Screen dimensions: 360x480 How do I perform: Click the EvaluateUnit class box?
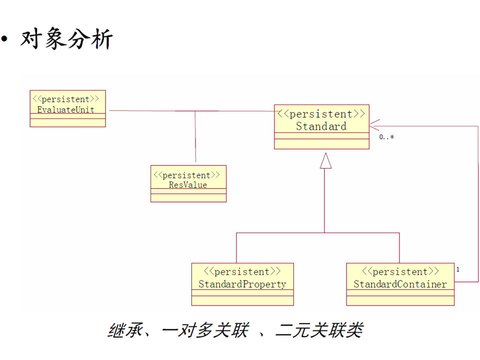67,108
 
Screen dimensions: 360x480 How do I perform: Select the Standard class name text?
321,126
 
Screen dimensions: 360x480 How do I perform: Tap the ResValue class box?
188,184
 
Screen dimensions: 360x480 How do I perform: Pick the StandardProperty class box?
242,284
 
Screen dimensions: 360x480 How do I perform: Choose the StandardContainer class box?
400,284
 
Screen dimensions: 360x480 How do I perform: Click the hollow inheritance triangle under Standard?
325,160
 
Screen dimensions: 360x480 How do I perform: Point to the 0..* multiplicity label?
386,137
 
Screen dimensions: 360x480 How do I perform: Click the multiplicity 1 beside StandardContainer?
458,269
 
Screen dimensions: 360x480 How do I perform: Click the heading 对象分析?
66,39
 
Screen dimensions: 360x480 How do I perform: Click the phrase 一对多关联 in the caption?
205,330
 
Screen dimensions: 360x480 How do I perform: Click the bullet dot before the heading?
5,39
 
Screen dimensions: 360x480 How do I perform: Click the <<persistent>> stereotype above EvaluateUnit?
67,99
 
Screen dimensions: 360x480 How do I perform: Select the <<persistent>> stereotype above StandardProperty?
242,271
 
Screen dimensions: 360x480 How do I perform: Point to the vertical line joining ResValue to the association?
195,137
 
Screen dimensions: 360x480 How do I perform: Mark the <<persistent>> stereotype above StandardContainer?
400,271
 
